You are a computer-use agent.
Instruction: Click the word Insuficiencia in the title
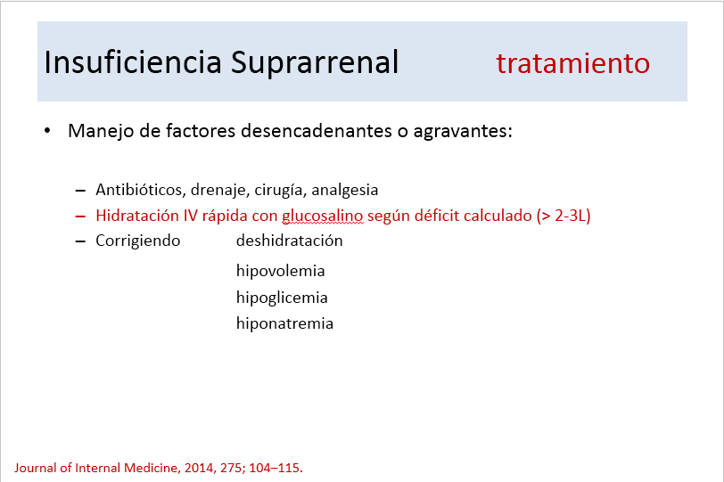pos(133,62)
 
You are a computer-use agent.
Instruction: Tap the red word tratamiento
pos(573,63)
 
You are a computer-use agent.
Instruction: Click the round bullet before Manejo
pos(47,131)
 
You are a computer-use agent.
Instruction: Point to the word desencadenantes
pos(317,131)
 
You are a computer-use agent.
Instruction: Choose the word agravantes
pos(463,133)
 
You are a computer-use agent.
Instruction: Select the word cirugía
pos(280,191)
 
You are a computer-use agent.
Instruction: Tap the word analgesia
pos(344,191)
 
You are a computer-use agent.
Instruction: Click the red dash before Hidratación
pos(80,216)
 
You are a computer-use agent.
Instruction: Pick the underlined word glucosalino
pos(323,216)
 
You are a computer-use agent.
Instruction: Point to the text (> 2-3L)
pos(564,216)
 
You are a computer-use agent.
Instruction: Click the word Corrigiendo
pos(137,241)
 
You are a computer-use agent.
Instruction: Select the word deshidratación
pos(290,241)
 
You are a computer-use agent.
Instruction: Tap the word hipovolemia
pos(281,271)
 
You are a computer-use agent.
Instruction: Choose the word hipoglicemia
pos(282,298)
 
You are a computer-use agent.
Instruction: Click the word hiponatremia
pos(285,323)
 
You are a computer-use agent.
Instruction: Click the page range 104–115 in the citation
pos(275,468)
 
